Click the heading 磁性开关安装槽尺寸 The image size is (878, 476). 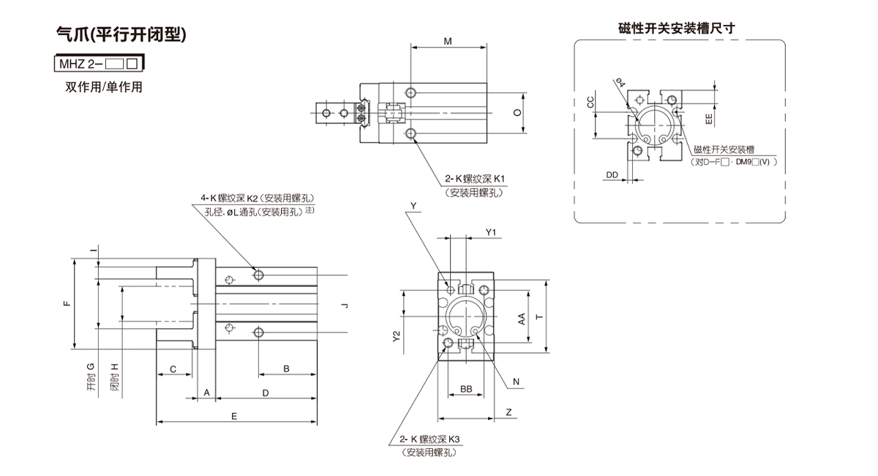coord(676,29)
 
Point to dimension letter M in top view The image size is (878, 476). coord(448,42)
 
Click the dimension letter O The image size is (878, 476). coord(516,113)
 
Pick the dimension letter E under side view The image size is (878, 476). coord(233,416)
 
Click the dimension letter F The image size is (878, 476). coord(67,303)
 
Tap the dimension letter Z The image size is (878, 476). coord(508,413)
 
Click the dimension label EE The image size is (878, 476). coord(708,117)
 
